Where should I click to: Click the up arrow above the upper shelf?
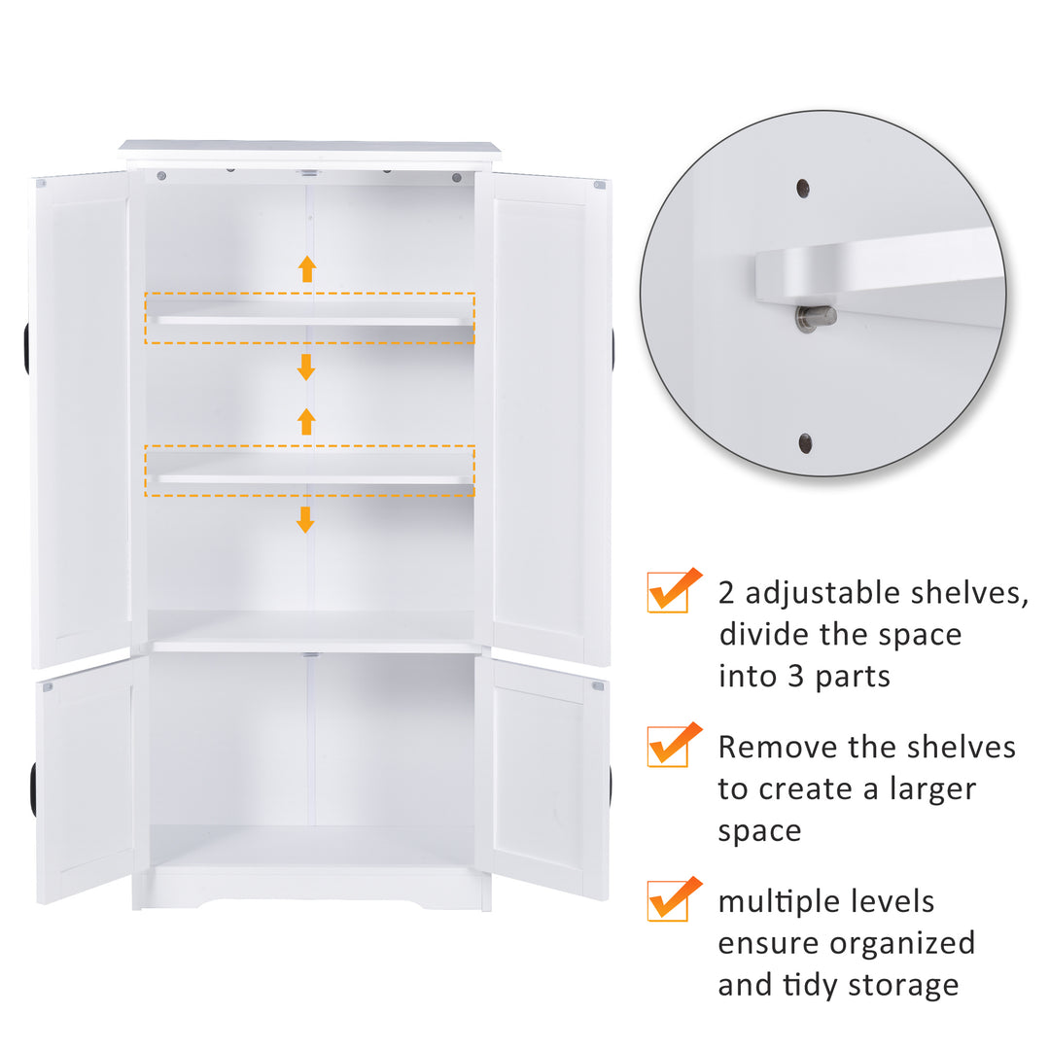307,268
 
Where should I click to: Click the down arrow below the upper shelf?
306,367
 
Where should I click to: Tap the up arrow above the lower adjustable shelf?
306,421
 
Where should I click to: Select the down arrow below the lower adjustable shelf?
305,519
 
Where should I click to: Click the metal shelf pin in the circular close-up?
814,317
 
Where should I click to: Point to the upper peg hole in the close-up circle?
803,188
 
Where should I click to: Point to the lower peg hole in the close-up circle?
806,443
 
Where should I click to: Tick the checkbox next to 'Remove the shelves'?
669,748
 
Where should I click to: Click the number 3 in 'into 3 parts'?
794,675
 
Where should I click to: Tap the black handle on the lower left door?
33,789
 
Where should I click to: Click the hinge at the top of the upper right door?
600,184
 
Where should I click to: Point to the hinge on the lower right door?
598,686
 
